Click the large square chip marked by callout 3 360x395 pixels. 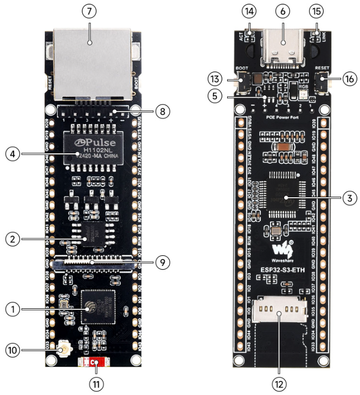coord(283,198)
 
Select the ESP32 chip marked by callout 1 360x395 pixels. coord(97,307)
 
